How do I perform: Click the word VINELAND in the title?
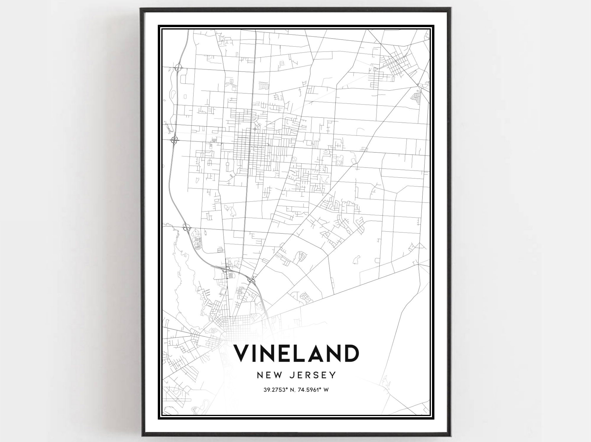tap(296, 353)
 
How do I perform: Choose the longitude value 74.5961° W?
tap(313, 390)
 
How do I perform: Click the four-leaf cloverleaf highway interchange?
tap(174, 139)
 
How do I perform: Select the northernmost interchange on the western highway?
tap(178, 68)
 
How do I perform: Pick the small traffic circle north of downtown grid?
tap(255, 129)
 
